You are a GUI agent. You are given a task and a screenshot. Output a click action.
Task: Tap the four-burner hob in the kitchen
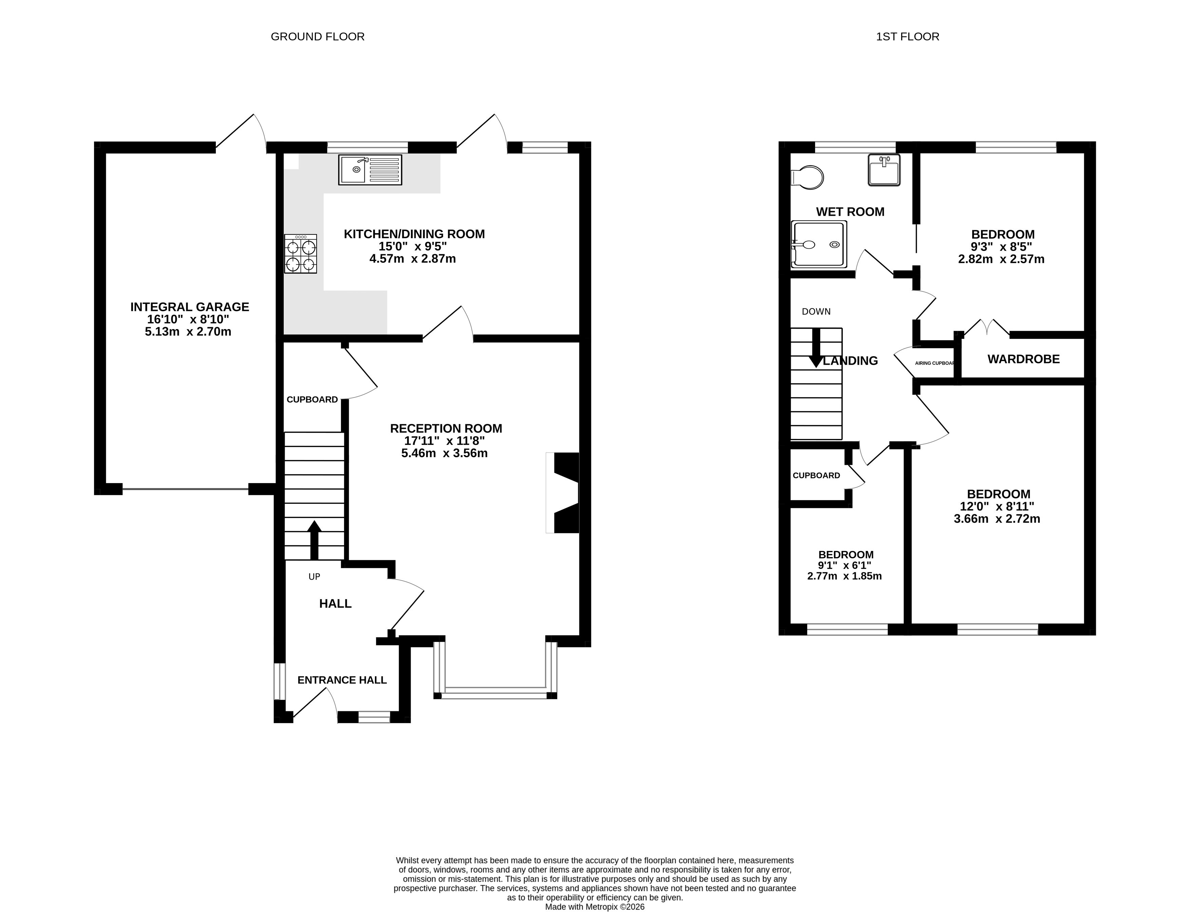point(301,253)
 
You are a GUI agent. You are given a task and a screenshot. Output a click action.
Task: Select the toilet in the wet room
point(807,177)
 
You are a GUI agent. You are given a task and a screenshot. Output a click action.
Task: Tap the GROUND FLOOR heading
point(318,36)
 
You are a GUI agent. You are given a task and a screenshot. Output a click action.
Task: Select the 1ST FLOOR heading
point(908,36)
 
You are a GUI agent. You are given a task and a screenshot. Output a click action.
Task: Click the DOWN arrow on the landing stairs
point(816,347)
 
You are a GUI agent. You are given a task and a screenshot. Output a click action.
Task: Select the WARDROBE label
point(1023,359)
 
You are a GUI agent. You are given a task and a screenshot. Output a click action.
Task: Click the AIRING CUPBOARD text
point(935,363)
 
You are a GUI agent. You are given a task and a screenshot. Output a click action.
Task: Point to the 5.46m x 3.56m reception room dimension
point(445,453)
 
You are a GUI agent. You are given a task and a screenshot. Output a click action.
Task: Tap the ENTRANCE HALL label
point(342,680)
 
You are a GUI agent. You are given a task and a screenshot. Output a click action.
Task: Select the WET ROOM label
point(850,212)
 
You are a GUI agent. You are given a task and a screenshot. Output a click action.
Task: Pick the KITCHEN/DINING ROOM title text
point(414,234)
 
